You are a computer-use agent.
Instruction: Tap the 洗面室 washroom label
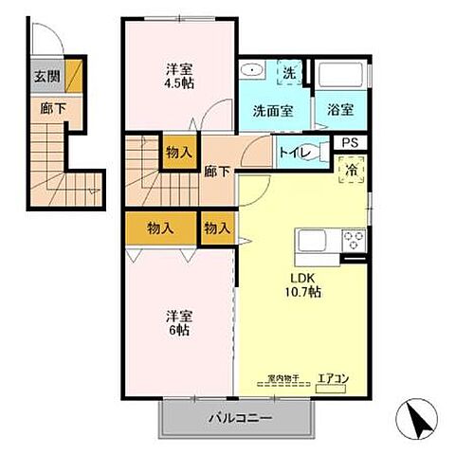click(272, 110)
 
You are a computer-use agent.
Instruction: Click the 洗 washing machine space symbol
click(288, 72)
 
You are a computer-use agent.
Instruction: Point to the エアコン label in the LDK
click(333, 379)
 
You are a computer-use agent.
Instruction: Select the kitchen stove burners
click(354, 239)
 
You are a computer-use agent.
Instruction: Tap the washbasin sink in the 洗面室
click(252, 70)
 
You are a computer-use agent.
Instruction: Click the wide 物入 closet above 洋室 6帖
click(160, 227)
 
